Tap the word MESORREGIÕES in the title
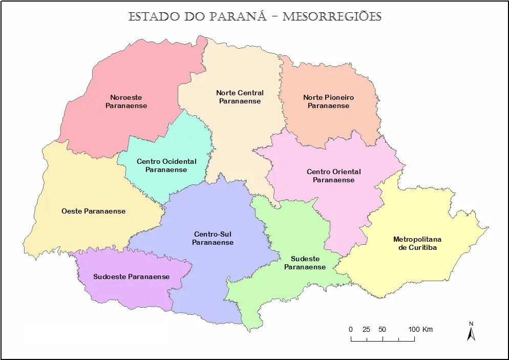coord(332,16)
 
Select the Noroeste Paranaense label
coord(126,101)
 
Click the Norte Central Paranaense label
coord(240,97)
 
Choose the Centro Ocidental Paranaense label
coord(166,165)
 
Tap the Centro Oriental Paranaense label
coord(333,176)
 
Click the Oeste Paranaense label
coord(93,211)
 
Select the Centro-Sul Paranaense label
coord(213,238)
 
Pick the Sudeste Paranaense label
coord(305,263)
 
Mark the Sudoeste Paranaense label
coord(131,277)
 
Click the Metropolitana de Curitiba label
coord(417,243)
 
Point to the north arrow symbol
coord(471,333)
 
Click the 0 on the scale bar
coord(351,329)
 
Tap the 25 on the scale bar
coord(366,329)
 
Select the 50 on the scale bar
coord(382,329)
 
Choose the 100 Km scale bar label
coord(420,329)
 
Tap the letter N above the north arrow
coord(471,323)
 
